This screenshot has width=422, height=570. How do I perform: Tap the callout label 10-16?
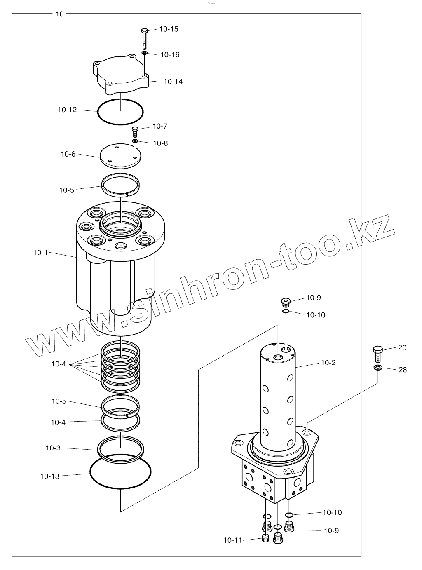coord(170,55)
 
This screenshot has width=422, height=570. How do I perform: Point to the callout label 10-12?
coord(67,110)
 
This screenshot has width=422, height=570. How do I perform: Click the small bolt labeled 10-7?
coord(134,132)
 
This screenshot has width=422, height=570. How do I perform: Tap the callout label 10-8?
coord(160,143)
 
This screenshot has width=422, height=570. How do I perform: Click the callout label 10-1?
coord(40,252)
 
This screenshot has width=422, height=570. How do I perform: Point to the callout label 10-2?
coord(328,363)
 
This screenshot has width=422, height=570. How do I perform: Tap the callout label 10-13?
coord(50,476)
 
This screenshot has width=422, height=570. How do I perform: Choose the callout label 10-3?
coord(53,448)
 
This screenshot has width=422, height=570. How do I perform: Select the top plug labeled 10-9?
coord(286,303)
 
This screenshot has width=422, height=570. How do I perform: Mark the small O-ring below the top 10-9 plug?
coord(286,312)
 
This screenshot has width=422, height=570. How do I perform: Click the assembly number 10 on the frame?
coord(60,14)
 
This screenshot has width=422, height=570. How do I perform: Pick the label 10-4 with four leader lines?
coord(59,364)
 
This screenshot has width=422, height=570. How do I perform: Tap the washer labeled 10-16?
coord(144,53)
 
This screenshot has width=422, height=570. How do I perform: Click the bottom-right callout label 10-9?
coord(331,530)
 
